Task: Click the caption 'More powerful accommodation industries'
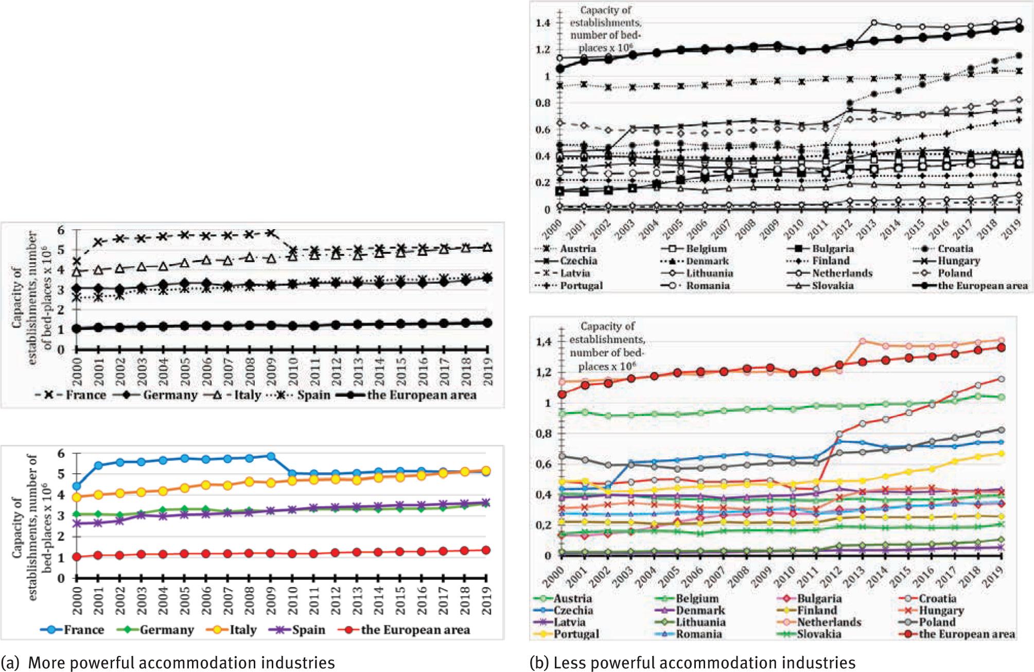click(181, 663)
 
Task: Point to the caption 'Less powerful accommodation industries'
click(704, 663)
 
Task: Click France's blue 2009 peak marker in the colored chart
click(271, 456)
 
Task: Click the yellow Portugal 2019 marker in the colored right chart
click(1001, 453)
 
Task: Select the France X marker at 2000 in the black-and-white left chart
click(77, 262)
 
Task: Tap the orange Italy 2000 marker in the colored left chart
click(77, 497)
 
